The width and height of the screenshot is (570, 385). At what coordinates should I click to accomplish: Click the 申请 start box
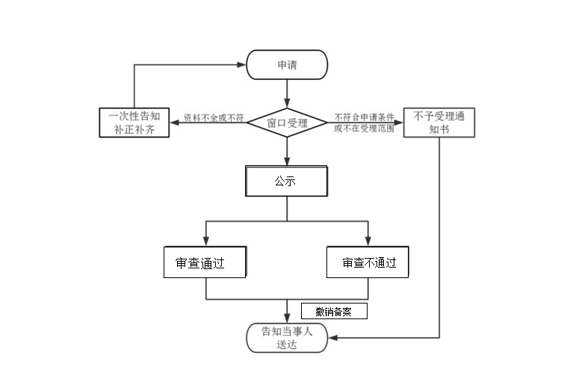tap(287, 64)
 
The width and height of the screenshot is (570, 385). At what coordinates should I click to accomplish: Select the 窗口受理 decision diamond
tap(287, 123)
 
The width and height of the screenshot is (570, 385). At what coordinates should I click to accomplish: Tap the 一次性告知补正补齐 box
tap(134, 123)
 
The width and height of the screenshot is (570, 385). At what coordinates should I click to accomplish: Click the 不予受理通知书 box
tap(439, 123)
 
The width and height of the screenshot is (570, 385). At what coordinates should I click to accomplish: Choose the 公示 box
tap(287, 181)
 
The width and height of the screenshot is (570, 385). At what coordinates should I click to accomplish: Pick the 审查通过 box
tap(205, 262)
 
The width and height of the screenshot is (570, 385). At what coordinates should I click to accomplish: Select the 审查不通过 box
tap(368, 262)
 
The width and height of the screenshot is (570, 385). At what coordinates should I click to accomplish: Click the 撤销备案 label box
tap(334, 312)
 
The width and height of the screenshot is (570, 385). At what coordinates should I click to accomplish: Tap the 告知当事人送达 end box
tap(287, 338)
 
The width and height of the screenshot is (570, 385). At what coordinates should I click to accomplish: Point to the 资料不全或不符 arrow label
tap(214, 118)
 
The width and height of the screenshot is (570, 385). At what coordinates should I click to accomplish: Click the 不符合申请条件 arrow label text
tap(364, 117)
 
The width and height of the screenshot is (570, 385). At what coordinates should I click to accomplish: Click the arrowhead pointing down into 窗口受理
tap(287, 103)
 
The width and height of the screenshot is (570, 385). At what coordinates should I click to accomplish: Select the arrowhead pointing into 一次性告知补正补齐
tap(174, 123)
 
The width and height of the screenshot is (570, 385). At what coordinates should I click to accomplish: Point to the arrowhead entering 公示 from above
tap(287, 161)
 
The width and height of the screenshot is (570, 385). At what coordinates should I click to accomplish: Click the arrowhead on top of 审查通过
tap(205, 241)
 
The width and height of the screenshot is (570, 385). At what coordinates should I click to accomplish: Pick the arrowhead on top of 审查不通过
tap(368, 241)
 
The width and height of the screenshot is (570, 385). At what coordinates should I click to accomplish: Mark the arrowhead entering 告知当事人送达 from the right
tap(332, 338)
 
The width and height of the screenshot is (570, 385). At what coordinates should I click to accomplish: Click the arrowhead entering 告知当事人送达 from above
tap(287, 318)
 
